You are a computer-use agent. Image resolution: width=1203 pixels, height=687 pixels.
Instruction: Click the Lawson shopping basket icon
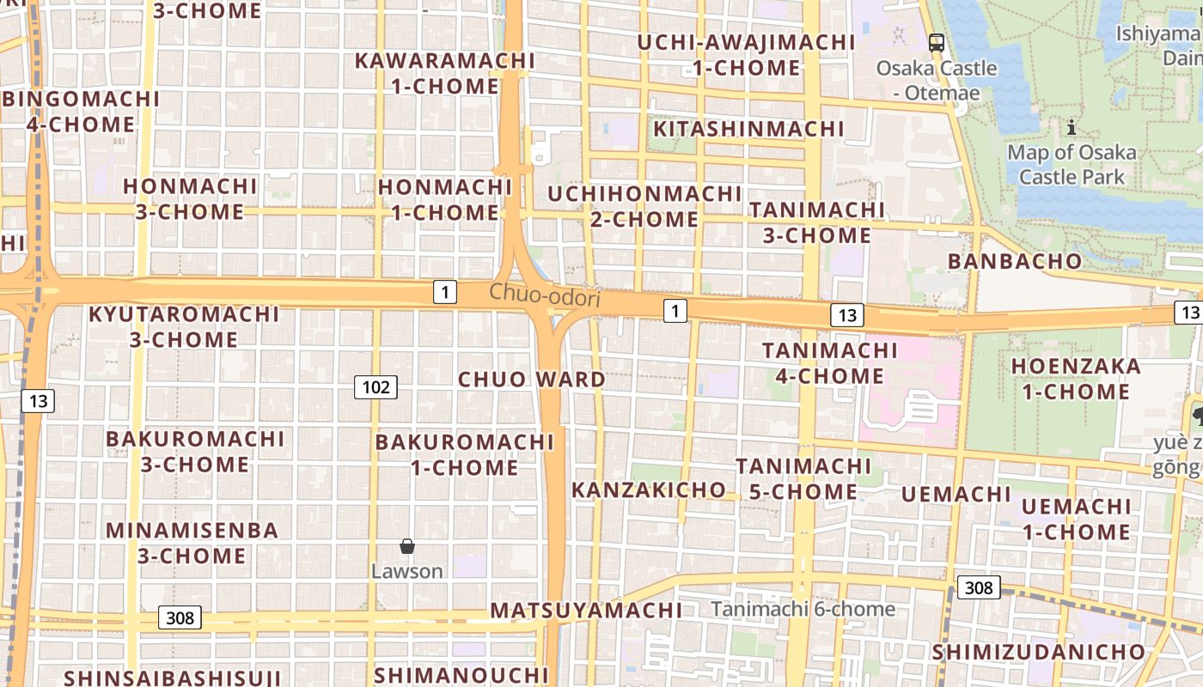407,546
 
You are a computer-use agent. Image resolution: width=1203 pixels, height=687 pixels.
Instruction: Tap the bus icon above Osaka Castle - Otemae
937,42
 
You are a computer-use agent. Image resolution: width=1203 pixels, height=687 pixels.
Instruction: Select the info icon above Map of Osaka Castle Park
1071,129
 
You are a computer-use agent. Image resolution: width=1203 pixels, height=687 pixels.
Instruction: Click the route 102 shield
376,387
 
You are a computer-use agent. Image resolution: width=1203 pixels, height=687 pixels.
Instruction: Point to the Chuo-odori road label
544,295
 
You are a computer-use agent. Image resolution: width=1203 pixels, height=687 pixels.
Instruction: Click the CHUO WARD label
531,380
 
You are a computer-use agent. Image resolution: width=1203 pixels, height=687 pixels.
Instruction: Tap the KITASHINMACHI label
749,129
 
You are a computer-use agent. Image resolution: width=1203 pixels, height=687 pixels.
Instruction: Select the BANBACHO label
1014,261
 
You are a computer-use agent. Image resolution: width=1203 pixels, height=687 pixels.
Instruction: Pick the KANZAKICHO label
649,490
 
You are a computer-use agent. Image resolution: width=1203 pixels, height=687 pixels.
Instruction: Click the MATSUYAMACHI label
586,611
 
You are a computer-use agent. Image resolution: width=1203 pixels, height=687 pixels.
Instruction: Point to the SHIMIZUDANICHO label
1039,652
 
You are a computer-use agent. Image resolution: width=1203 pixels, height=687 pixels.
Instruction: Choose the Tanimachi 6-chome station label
803,609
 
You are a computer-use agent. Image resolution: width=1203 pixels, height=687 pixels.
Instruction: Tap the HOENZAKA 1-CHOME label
1076,379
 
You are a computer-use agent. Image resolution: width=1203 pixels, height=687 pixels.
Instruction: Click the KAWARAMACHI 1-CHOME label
444,74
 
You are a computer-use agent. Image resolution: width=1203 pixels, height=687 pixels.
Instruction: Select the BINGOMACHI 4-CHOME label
81,112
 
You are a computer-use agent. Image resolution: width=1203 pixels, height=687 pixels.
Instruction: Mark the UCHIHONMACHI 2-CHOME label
644,206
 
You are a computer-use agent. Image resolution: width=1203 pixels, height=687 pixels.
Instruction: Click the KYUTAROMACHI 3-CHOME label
184,326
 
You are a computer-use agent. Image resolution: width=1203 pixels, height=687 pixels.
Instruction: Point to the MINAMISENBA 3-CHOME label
192,543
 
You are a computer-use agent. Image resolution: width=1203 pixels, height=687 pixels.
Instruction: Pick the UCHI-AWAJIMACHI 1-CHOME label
746,55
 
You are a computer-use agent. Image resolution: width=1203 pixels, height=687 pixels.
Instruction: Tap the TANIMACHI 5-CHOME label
803,478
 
